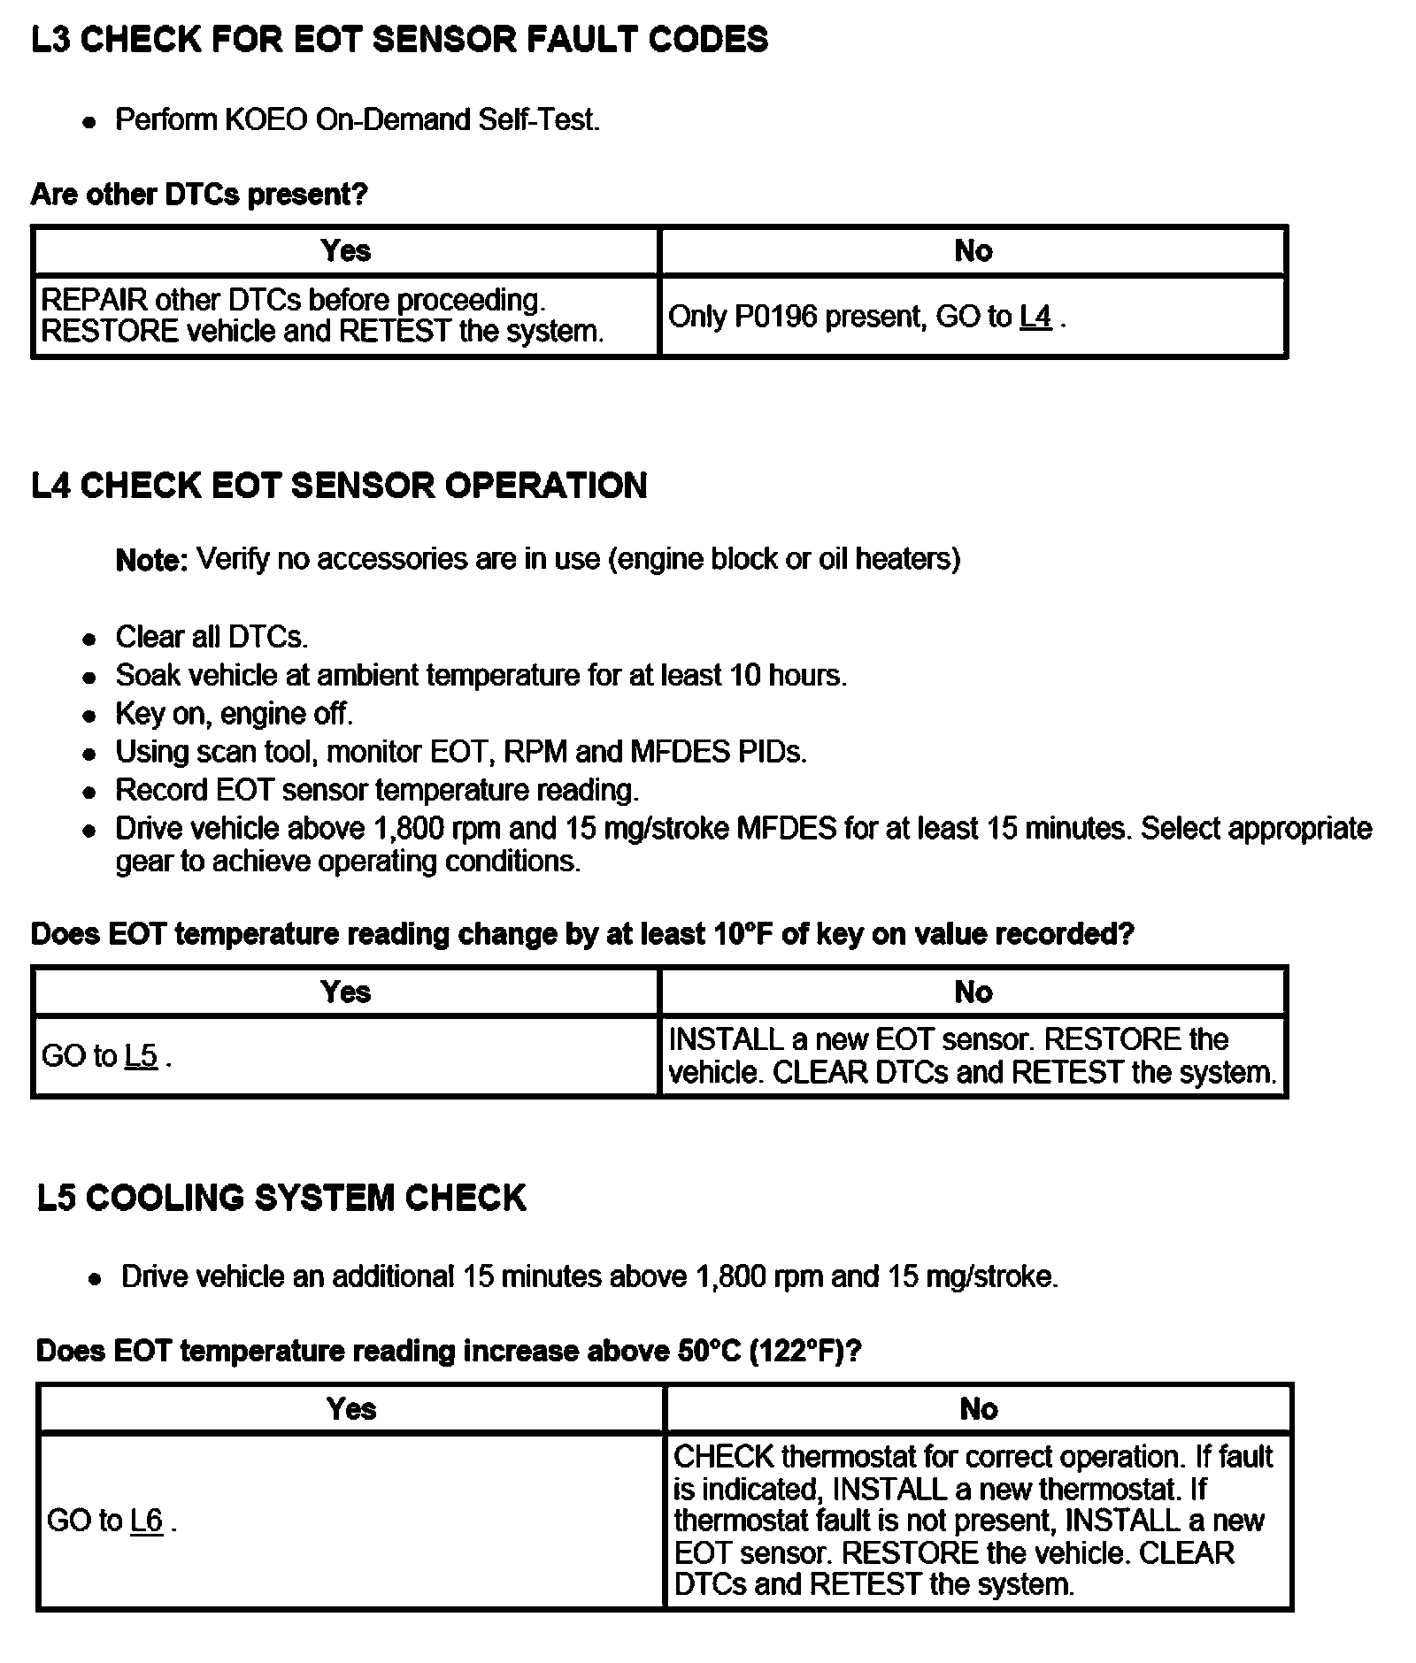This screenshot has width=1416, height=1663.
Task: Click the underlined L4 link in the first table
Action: click(1035, 317)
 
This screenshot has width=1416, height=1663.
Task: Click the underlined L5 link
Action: click(141, 1056)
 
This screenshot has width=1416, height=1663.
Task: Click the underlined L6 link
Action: click(146, 1521)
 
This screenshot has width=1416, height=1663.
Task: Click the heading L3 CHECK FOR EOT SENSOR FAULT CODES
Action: click(399, 40)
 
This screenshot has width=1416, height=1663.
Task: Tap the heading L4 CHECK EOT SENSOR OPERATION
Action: click(339, 486)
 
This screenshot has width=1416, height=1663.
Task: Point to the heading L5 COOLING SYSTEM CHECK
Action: click(281, 1198)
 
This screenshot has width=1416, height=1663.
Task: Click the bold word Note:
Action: click(151, 560)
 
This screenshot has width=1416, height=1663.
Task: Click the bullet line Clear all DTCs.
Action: click(212, 637)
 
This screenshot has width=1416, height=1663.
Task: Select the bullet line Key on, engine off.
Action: click(234, 714)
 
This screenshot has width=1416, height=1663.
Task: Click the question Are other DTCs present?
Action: click(199, 195)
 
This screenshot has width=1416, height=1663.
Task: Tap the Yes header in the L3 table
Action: click(346, 251)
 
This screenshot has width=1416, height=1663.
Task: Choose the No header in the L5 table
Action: click(979, 1409)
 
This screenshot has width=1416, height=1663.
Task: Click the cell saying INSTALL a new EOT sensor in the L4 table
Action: click(973, 1055)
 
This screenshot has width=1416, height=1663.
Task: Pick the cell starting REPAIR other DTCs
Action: click(323, 316)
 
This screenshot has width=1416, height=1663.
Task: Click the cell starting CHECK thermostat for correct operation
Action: click(973, 1521)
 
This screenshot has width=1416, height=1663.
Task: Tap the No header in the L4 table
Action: click(973, 992)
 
